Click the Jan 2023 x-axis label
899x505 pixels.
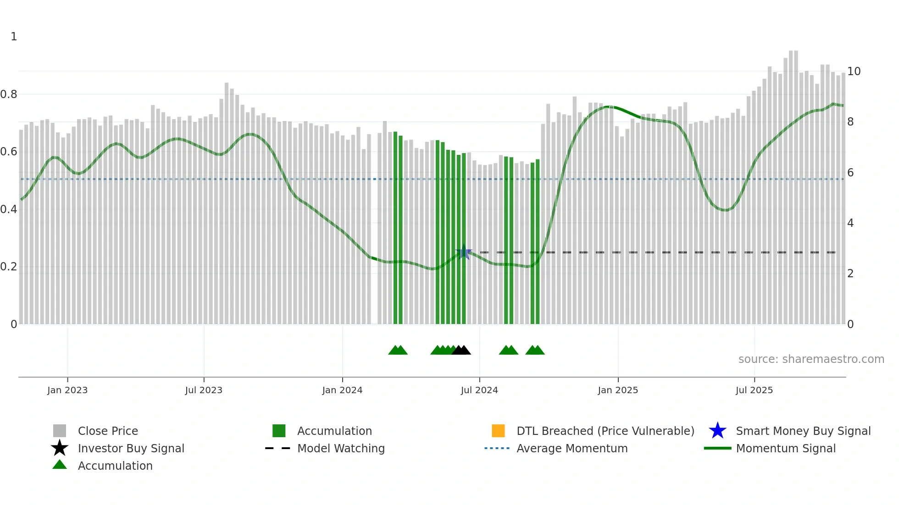67,390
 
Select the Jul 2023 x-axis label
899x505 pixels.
204,390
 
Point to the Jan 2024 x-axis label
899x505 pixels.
342,390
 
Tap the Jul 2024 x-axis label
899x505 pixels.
479,390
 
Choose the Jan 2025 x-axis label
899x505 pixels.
618,390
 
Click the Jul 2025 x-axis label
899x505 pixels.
754,390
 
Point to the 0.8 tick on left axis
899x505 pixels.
9,94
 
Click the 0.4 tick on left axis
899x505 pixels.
9,209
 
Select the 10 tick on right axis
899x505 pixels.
854,71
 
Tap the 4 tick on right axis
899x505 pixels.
850,223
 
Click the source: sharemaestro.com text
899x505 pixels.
811,359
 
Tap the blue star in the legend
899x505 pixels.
717,431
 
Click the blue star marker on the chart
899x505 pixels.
464,252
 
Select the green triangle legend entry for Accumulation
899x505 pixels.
60,465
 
